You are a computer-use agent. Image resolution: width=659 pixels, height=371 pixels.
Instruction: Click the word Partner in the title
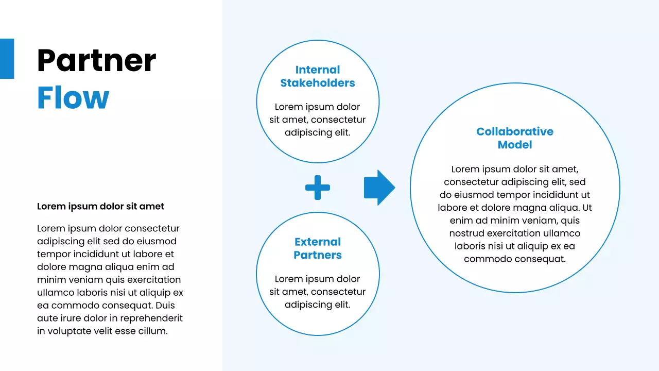click(x=96, y=61)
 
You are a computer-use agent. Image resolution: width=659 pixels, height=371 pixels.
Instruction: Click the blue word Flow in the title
click(x=73, y=98)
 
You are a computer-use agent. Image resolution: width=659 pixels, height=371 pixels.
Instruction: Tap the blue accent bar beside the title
click(x=7, y=59)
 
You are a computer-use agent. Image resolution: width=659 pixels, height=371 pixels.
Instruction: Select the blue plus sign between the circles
click(x=318, y=187)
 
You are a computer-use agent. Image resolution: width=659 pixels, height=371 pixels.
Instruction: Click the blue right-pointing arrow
click(x=379, y=188)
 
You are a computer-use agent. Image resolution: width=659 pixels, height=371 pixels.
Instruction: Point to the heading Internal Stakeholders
click(x=318, y=76)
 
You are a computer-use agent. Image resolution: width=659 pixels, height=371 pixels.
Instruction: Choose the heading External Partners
click(x=318, y=248)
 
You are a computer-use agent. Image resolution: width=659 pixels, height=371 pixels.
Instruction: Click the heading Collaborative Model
click(x=515, y=138)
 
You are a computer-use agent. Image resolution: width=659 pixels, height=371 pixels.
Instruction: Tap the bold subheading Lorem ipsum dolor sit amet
click(x=100, y=206)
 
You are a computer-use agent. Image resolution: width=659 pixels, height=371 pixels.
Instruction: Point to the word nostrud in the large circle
click(x=467, y=233)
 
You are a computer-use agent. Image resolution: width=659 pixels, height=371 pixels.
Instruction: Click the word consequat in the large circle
click(x=543, y=259)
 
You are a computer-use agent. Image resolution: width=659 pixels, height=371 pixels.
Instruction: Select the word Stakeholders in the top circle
click(x=318, y=83)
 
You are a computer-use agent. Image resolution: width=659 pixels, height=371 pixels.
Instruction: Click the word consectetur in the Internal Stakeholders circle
click(x=338, y=120)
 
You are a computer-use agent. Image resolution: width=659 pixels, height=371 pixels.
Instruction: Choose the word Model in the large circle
click(x=515, y=145)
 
